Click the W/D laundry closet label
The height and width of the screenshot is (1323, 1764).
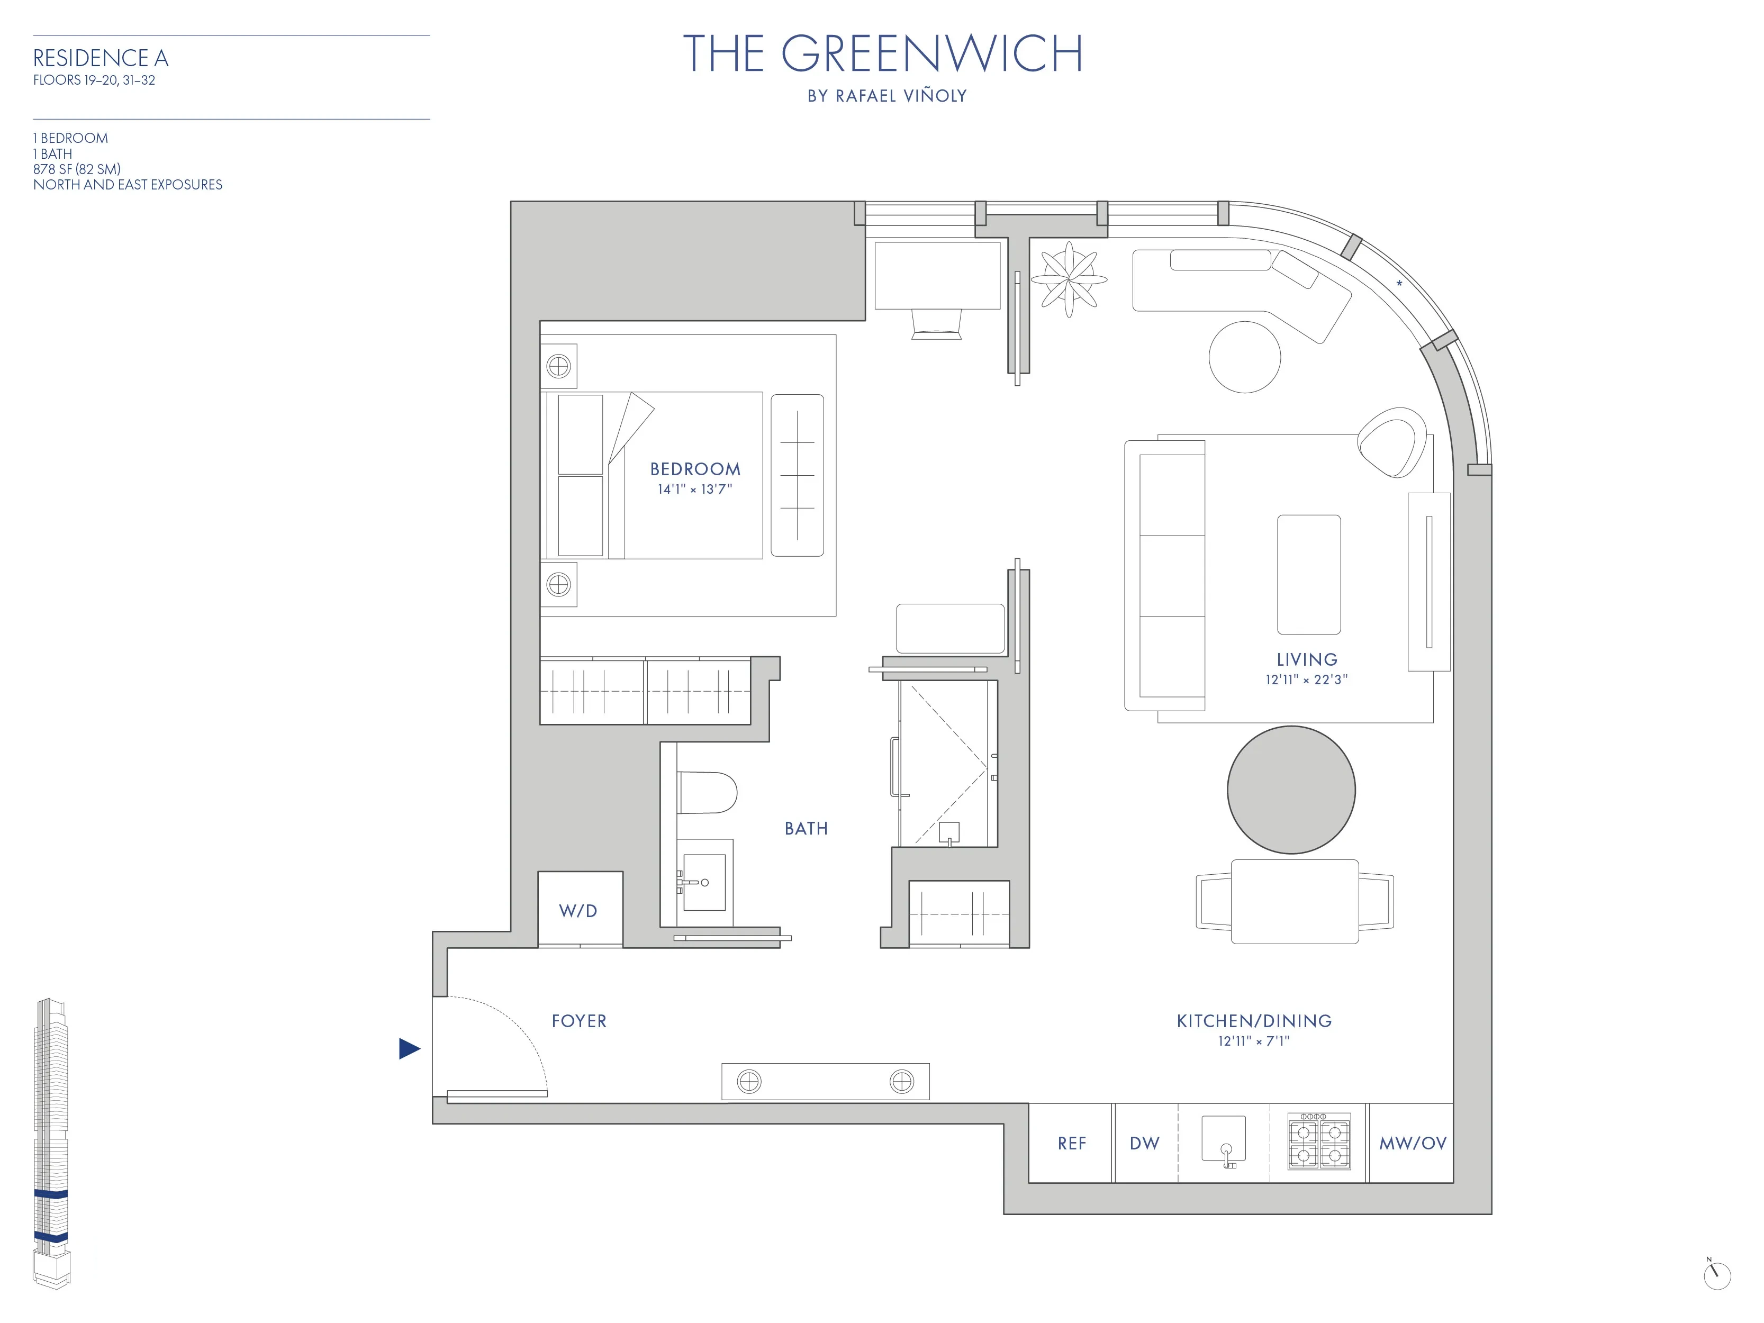(578, 911)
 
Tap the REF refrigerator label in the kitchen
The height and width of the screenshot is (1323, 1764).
(1072, 1144)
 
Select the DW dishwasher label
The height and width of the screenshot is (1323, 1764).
(1144, 1144)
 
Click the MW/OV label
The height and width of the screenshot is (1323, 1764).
(1413, 1144)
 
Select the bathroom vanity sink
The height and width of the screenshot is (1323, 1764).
(704, 882)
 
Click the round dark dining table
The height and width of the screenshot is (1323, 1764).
(1291, 790)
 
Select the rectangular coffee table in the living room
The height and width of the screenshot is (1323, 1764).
(1309, 574)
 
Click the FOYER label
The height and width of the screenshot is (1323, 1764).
(579, 1021)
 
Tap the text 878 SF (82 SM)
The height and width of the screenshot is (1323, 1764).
(77, 169)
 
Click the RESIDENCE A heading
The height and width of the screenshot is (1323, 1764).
(101, 58)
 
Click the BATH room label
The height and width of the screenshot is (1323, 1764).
(806, 829)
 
